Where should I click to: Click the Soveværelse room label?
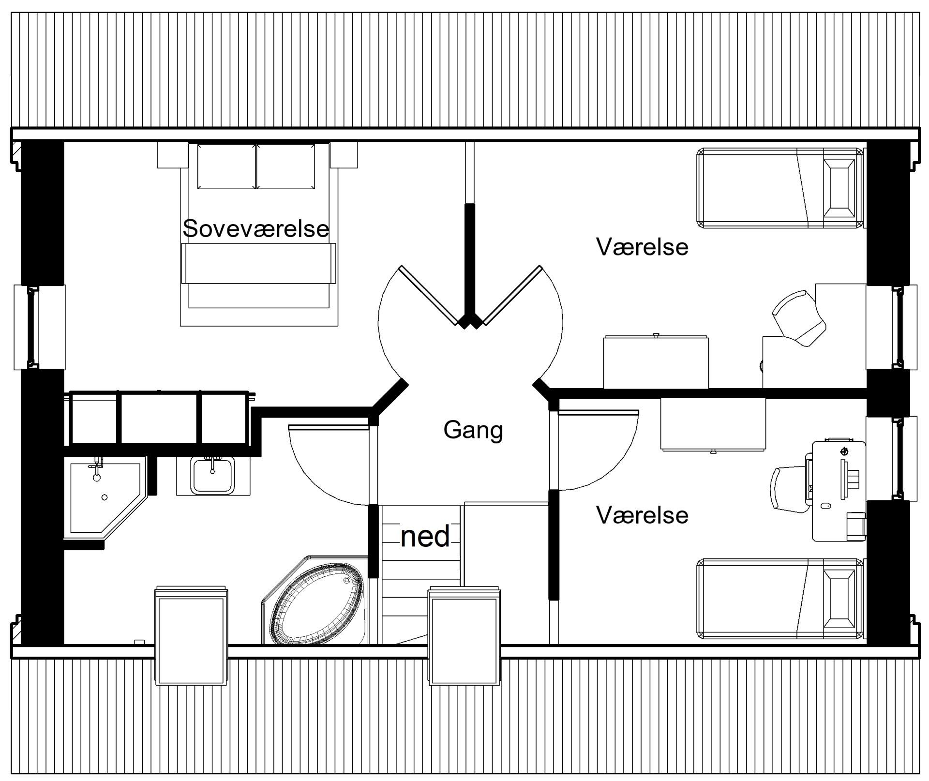click(x=256, y=228)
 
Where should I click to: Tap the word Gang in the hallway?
click(x=473, y=430)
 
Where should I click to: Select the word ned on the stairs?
click(x=425, y=537)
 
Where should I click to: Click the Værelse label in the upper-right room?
click(x=642, y=247)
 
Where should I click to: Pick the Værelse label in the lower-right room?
click(x=642, y=515)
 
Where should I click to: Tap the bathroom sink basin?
click(x=212, y=476)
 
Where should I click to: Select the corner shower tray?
click(x=105, y=497)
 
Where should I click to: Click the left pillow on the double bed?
click(x=226, y=166)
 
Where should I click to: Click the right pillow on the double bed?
click(x=285, y=166)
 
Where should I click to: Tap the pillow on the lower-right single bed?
click(x=839, y=600)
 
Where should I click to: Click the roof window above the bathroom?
click(x=191, y=635)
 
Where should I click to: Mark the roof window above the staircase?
click(x=464, y=635)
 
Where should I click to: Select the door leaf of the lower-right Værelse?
click(x=598, y=413)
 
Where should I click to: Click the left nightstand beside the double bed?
click(x=172, y=155)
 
